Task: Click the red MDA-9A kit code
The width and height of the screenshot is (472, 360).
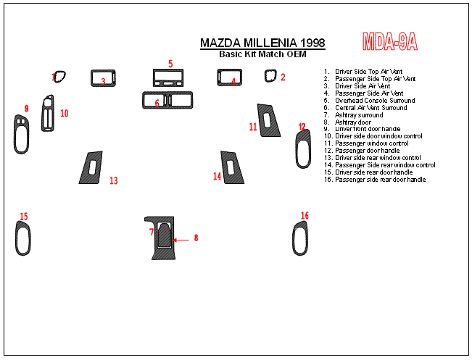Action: pos(390,41)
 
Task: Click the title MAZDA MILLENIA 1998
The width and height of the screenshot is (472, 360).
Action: pos(262,43)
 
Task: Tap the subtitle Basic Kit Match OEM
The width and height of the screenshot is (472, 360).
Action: pos(262,54)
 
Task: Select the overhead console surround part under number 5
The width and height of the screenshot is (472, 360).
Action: pos(168,71)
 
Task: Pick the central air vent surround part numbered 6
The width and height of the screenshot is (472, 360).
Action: pos(167,93)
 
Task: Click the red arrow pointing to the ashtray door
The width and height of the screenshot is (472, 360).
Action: pos(181,240)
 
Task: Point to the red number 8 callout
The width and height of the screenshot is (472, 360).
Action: pos(196,238)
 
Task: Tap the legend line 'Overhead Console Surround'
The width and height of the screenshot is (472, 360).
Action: pos(369,101)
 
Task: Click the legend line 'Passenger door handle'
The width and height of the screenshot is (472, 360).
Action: pos(362,151)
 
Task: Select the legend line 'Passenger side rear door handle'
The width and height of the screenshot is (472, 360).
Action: pos(375,179)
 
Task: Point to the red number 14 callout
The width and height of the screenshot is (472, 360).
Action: pos(217,176)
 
